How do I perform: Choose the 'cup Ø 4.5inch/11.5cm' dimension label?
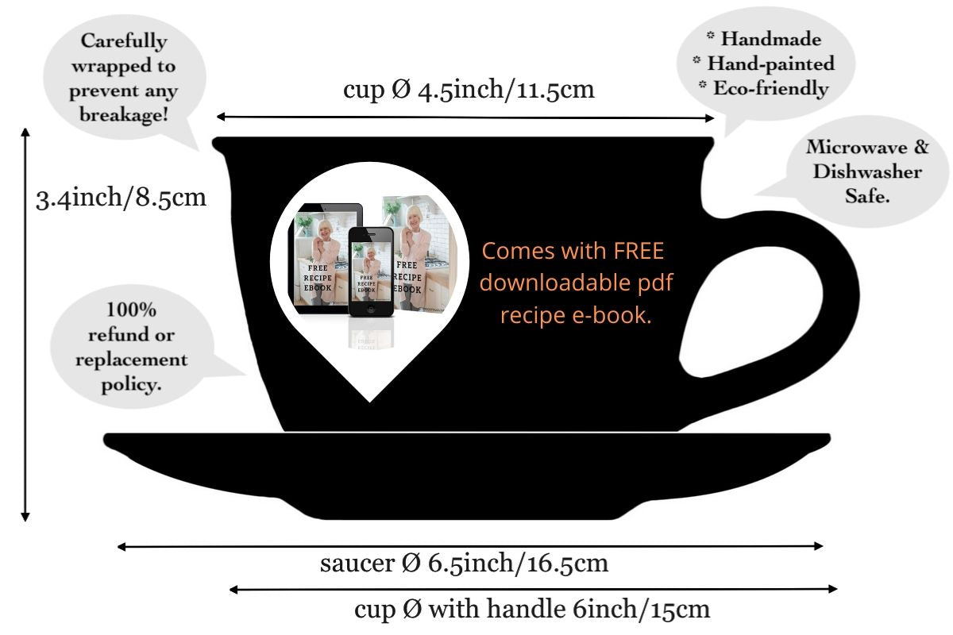click(469, 89)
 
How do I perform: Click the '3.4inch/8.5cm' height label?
click(122, 197)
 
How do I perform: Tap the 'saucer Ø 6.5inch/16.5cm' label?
click(465, 564)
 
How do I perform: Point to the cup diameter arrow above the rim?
click(465, 117)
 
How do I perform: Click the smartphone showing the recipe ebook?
click(372, 270)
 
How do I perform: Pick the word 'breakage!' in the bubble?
click(125, 115)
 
